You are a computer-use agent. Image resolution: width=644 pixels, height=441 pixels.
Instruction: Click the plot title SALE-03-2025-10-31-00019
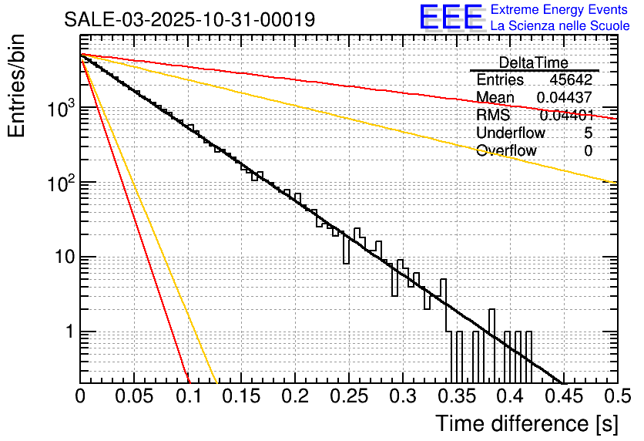[x=190, y=19]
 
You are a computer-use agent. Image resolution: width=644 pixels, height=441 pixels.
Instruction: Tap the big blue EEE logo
[x=451, y=18]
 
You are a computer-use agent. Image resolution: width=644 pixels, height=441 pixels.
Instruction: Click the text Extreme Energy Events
[x=559, y=10]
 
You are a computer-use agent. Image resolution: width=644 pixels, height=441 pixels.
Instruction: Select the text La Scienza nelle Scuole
[x=560, y=25]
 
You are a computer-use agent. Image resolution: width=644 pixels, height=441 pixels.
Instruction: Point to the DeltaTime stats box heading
[x=534, y=62]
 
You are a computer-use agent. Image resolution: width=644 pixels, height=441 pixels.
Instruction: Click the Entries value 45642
[x=571, y=80]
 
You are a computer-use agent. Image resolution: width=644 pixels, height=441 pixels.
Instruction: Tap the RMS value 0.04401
[x=565, y=116]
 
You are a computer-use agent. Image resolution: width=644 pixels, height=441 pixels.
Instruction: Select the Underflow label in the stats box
[x=511, y=133]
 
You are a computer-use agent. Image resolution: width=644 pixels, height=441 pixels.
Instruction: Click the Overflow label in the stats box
[x=506, y=150]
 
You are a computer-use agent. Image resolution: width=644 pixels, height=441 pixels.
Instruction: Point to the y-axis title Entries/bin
[x=19, y=86]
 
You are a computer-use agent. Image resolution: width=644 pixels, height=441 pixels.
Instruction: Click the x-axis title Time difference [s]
[x=526, y=423]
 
